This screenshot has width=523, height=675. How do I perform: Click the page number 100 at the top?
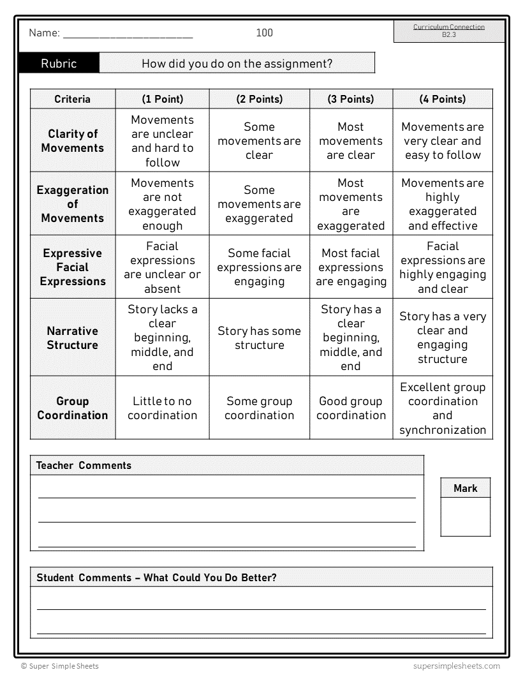pyautogui.click(x=264, y=33)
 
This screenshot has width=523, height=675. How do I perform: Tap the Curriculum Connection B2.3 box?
pyautogui.click(x=448, y=31)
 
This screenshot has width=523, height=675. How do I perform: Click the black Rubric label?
pyautogui.click(x=59, y=63)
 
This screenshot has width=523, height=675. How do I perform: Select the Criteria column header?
pyautogui.click(x=73, y=99)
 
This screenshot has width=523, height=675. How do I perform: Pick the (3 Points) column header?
pyautogui.click(x=351, y=99)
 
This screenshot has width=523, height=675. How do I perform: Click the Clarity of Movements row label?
pyautogui.click(x=73, y=140)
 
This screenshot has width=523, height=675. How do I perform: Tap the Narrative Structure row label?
pyautogui.click(x=73, y=337)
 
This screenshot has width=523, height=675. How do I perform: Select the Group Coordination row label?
pyautogui.click(x=73, y=408)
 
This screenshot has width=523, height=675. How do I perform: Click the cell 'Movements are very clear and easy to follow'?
pyautogui.click(x=443, y=140)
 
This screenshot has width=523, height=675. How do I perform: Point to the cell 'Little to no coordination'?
pyautogui.click(x=162, y=408)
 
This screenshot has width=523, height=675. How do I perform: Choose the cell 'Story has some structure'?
pyautogui.click(x=259, y=337)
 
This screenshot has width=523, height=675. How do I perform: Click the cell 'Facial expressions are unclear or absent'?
pyautogui.click(x=162, y=267)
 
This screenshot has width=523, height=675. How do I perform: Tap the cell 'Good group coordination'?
pyautogui.click(x=351, y=408)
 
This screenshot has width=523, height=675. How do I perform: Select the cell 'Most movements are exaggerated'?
pyautogui.click(x=351, y=204)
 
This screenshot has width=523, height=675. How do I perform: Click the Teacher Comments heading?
pyautogui.click(x=84, y=465)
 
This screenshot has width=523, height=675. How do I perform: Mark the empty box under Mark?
pyautogui.click(x=465, y=517)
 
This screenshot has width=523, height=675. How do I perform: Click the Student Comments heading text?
pyautogui.click(x=156, y=577)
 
